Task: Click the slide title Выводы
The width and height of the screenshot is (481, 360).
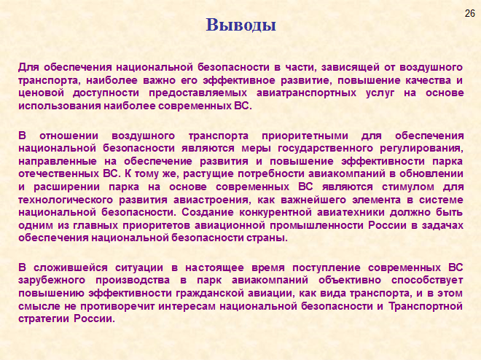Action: pos(240,25)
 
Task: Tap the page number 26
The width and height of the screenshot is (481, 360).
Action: pos(469,14)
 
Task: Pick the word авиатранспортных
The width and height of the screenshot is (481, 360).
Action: pos(306,93)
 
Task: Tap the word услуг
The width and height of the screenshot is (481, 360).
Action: pos(380,93)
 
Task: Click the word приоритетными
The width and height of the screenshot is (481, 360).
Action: pos(305,136)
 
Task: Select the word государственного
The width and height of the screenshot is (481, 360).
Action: pos(325,149)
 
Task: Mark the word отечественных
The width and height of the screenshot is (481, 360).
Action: pos(58,174)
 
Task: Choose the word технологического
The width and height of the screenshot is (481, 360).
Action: pos(66,200)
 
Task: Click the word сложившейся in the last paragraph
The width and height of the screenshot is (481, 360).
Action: pos(71,267)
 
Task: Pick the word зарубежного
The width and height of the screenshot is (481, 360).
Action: pos(52,281)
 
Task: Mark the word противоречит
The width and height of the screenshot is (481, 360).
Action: pos(117,306)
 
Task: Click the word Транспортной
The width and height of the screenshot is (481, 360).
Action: pos(426,306)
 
